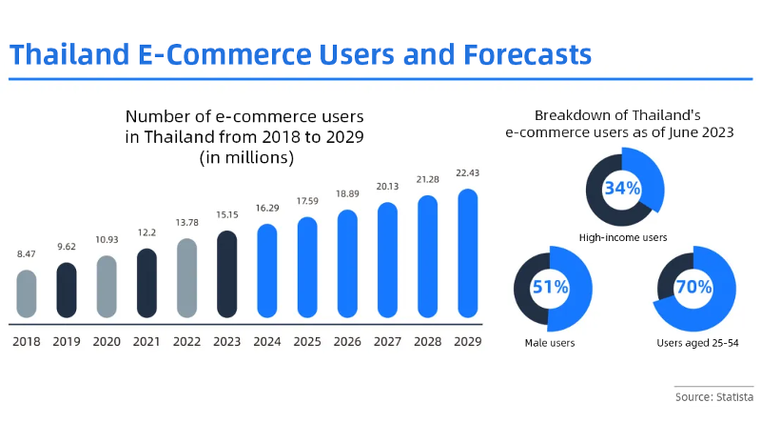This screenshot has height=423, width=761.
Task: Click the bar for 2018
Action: tap(27, 293)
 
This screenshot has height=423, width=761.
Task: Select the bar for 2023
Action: tap(227, 273)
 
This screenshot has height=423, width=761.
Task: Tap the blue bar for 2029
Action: tap(467, 252)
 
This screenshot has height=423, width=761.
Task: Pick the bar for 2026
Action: tap(347, 264)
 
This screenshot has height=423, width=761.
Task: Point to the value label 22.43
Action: tap(467, 172)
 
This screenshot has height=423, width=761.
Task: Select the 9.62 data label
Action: tap(67, 247)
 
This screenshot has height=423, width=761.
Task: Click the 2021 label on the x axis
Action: tap(146, 341)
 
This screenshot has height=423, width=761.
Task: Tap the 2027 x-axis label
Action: tap(387, 341)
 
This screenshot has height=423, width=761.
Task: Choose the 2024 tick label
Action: tap(267, 341)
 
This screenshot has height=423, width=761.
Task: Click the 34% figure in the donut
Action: tap(622, 188)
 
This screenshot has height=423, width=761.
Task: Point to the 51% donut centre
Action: tap(552, 287)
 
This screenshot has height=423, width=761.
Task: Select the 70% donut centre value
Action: tap(693, 287)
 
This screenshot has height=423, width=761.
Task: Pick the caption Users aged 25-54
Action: tap(693, 341)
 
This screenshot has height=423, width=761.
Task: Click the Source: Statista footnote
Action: tap(713, 395)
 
